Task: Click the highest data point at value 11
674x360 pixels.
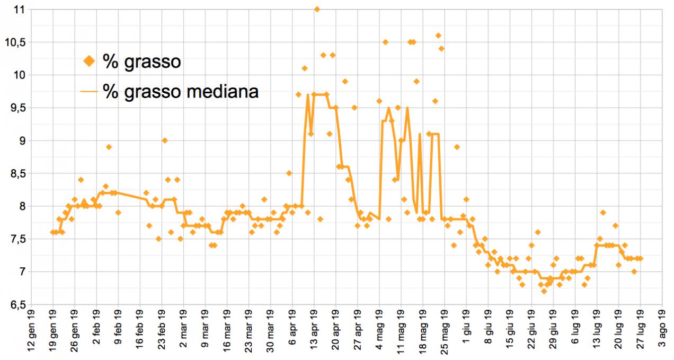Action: pyautogui.click(x=317, y=9)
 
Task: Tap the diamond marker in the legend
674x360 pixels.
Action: pyautogui.click(x=89, y=62)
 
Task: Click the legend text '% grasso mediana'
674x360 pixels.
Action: pyautogui.click(x=181, y=91)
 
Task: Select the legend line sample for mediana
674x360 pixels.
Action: pyautogui.click(x=89, y=92)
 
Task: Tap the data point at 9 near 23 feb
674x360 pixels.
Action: pyautogui.click(x=165, y=141)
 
